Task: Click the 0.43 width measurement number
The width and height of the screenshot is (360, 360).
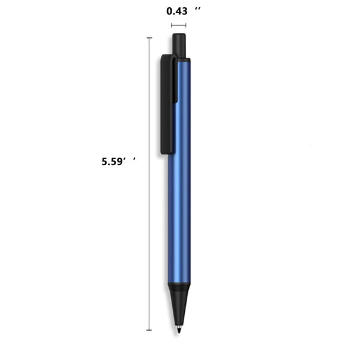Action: (177, 11)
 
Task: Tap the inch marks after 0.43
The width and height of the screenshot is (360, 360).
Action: (197, 9)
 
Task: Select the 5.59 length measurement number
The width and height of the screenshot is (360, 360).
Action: (112, 161)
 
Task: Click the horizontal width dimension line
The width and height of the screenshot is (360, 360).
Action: (179, 25)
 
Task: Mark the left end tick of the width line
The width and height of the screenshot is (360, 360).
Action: (171, 25)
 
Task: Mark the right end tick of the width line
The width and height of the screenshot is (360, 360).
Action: (186, 25)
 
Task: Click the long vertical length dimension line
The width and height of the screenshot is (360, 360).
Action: (149, 184)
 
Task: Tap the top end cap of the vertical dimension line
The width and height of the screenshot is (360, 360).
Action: (149, 37)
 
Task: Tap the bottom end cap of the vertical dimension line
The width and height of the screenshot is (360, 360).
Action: (149, 330)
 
